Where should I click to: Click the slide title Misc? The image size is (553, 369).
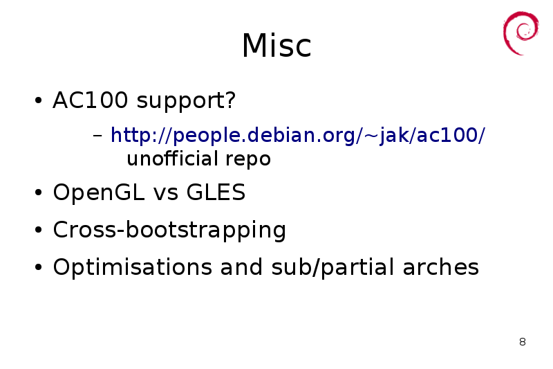coord(276,46)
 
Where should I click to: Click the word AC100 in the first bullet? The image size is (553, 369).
coord(91,100)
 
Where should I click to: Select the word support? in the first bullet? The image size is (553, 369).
coord(186,102)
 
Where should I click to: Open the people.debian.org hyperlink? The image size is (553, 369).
coord(298,136)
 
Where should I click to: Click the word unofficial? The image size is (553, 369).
coord(172,159)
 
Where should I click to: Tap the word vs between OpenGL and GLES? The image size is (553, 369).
coord(166,195)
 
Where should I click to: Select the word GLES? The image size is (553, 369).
coord(216,192)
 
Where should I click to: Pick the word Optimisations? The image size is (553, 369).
coord(132,268)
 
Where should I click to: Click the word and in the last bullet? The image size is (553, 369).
coord(241,267)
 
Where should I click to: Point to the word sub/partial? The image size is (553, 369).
coord(332,268)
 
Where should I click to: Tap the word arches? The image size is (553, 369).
coord(441,267)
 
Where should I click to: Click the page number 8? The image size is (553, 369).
coord(523,342)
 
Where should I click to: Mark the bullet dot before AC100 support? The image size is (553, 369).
coord(38,100)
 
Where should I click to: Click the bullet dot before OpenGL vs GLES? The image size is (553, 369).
coord(38,192)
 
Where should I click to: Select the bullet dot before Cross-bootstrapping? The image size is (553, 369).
coord(38,230)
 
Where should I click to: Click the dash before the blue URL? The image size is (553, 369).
coord(97,135)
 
